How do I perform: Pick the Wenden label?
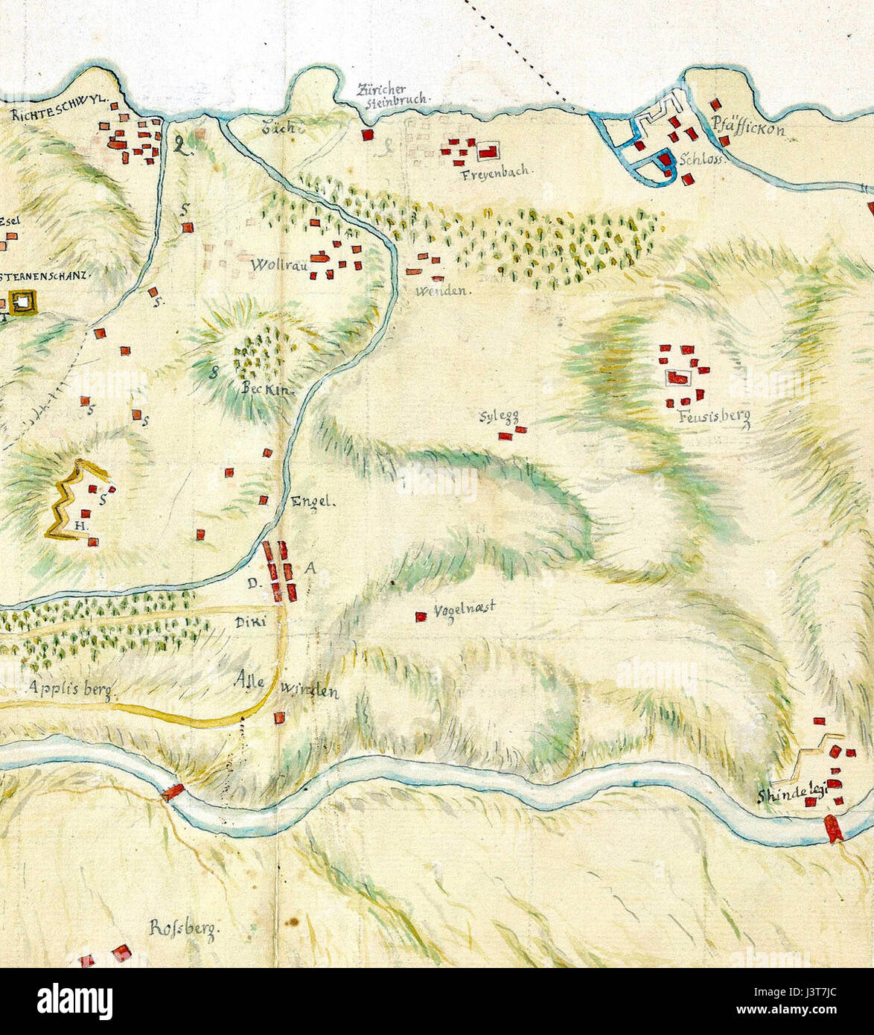click(444, 291)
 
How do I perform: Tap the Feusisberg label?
click(713, 418)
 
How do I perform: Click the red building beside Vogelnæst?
click(421, 617)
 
